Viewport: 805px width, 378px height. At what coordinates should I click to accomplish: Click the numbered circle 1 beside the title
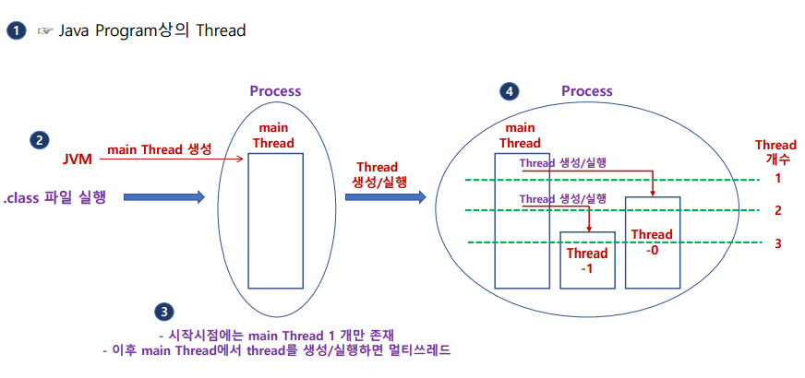point(16,30)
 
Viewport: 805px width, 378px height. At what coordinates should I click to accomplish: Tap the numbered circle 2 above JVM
point(39,141)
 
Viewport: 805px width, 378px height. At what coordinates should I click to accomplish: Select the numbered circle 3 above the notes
point(164,312)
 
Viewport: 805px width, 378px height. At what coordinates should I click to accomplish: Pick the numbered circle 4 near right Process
point(509,91)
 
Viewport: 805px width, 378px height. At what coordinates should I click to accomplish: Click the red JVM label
point(78,159)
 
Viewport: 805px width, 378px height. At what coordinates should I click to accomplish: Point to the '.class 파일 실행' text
point(55,196)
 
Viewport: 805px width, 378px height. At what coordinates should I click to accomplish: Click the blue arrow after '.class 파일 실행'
point(162,196)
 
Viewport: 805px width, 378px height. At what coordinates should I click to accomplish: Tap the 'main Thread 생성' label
point(160,149)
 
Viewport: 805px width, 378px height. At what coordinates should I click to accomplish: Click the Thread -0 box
point(653,242)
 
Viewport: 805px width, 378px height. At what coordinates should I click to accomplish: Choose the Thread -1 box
point(587,260)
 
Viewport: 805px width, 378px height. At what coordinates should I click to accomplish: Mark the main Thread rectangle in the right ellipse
point(522,221)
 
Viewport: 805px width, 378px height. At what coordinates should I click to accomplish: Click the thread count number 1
point(777,178)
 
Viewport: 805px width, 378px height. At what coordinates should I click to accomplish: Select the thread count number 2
point(777,210)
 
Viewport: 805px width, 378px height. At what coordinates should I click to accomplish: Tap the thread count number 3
point(777,243)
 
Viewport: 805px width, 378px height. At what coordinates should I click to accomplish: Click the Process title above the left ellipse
point(275,91)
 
